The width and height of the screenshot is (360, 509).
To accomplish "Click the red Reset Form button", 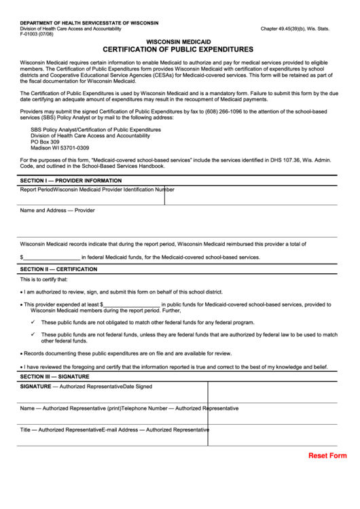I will coord(327,455).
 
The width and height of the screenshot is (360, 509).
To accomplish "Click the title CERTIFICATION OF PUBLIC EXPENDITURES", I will coord(178,50).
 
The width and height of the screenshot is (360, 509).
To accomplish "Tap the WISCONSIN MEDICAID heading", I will coord(178,41).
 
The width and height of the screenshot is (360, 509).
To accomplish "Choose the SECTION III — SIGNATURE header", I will coord(54,376).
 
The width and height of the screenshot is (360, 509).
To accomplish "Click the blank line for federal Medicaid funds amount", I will coord(52,258).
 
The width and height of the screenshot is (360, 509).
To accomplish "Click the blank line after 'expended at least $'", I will coord(132,304).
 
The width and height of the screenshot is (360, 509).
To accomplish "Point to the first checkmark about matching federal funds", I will coord(33,322).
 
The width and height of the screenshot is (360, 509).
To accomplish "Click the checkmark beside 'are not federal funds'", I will coord(33,334).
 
